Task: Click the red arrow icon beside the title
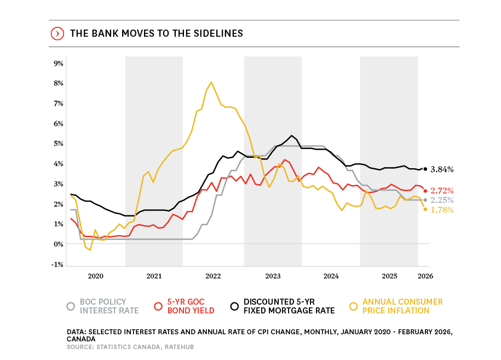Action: coord(56,33)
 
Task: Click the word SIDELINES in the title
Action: coord(215,33)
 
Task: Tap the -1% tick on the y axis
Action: coord(57,264)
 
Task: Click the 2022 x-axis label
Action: coord(213,276)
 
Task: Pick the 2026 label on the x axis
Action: coord(425,276)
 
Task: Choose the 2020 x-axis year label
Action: coord(96,276)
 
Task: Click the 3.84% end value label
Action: coord(442,169)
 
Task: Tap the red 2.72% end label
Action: coord(442,191)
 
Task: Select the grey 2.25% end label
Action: coord(442,200)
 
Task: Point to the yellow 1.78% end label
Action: coord(442,210)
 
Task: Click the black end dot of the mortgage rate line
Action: coord(425,169)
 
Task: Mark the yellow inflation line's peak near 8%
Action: coord(211,82)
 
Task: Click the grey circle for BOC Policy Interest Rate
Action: coord(71,306)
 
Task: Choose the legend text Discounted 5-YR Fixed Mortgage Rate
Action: coord(289,306)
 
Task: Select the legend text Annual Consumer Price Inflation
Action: coord(402,306)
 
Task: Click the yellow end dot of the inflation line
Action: coord(425,209)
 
